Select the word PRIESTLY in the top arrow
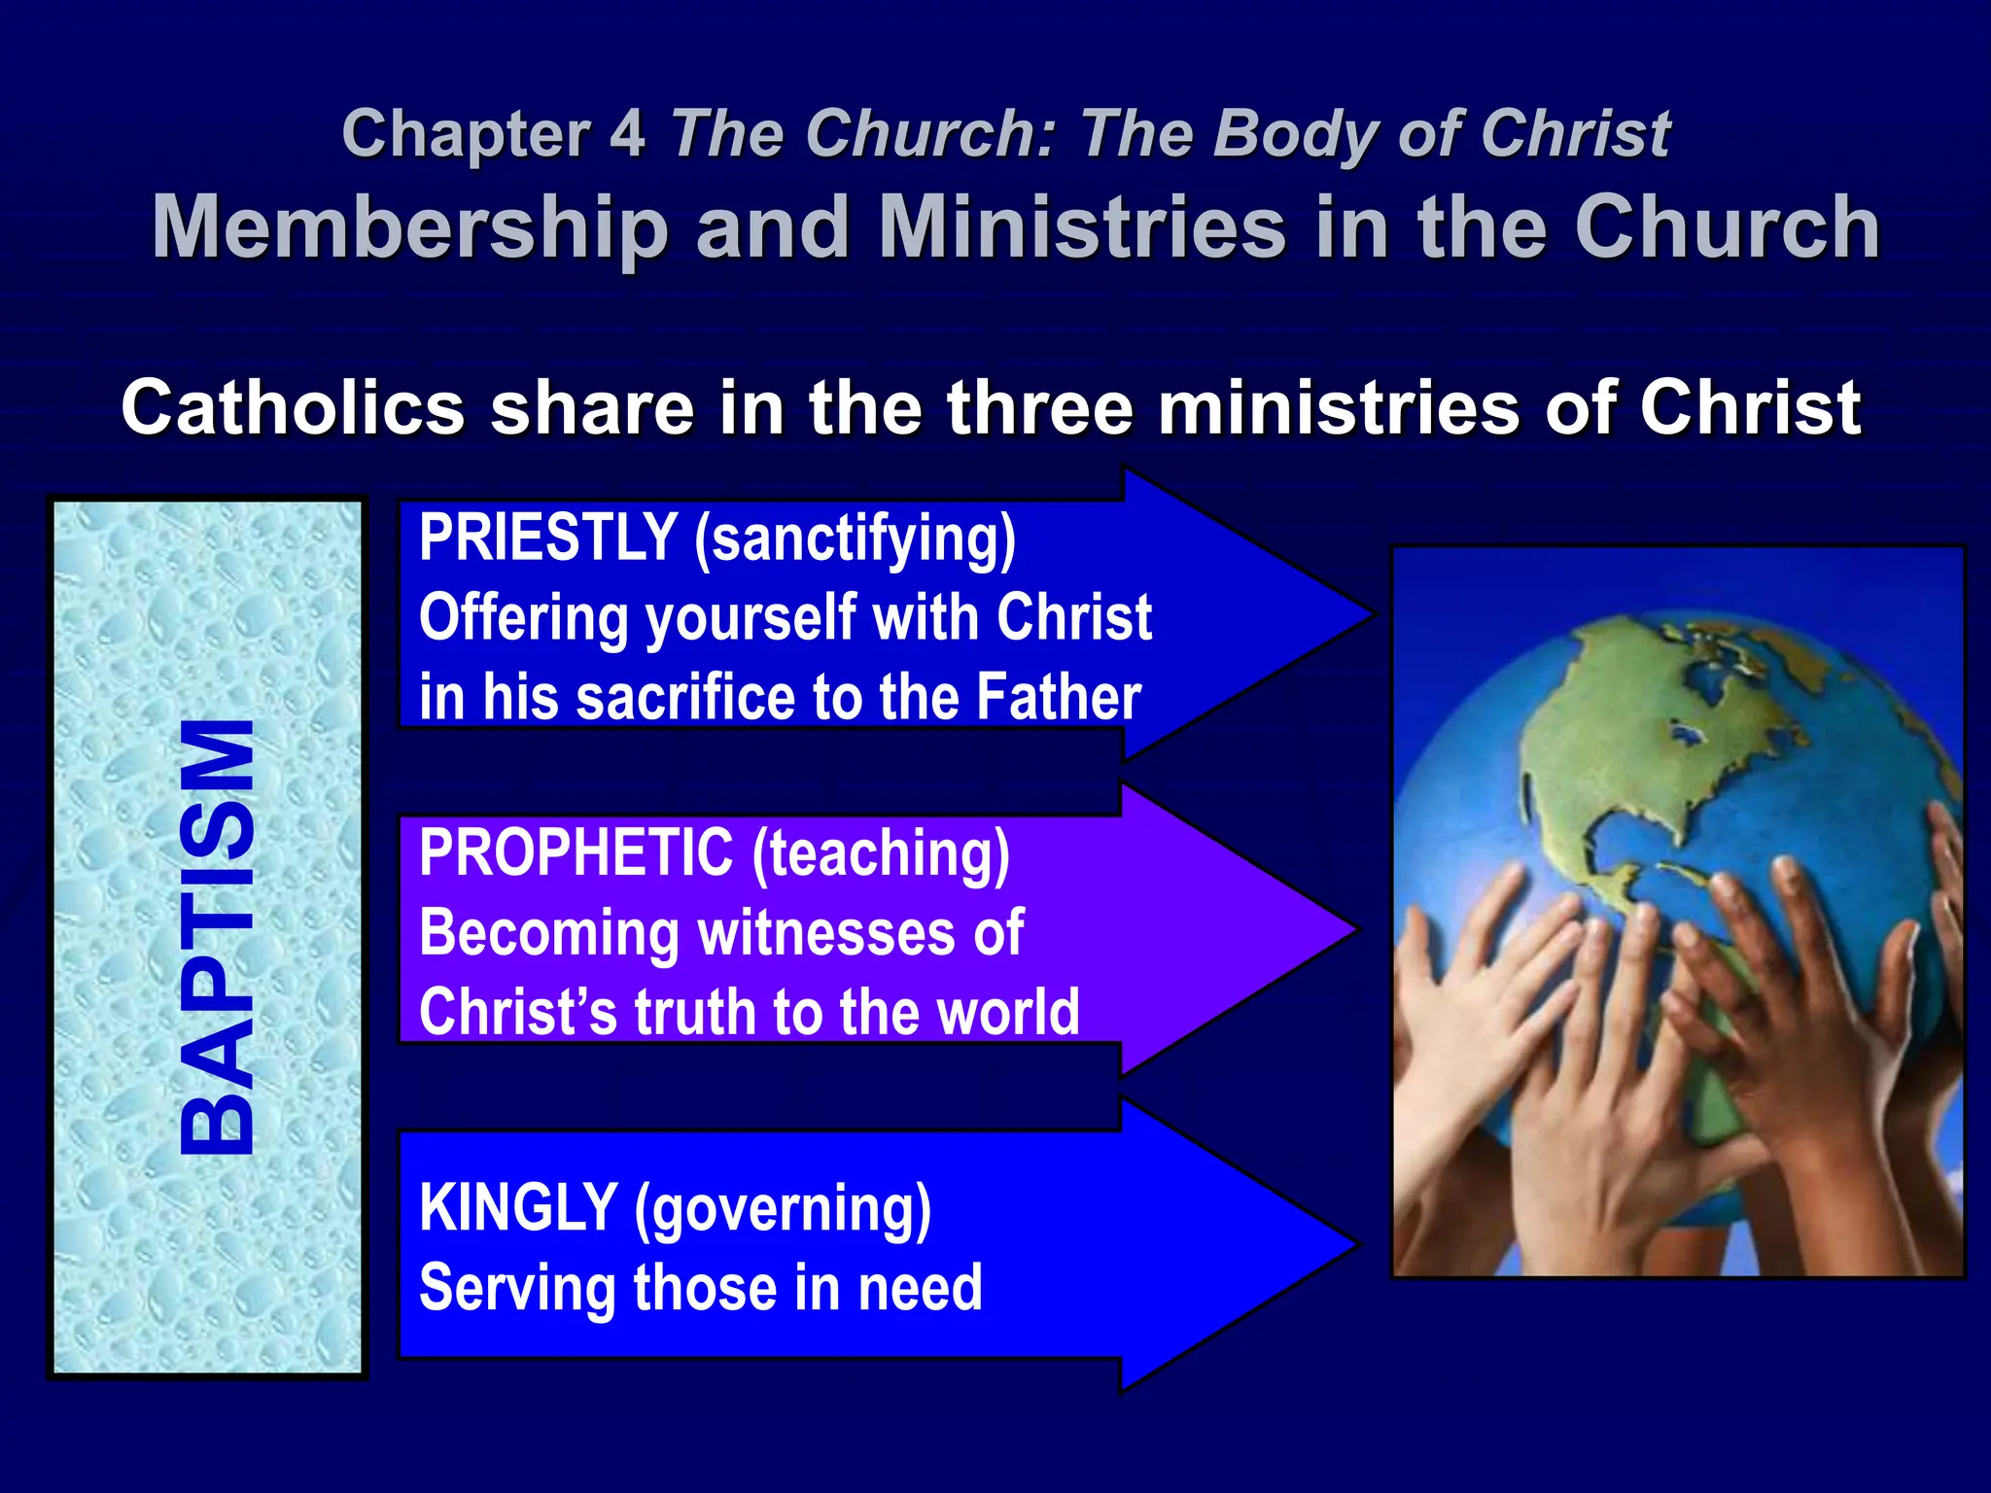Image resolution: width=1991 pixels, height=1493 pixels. (547, 537)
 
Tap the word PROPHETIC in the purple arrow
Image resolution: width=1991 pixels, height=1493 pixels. (576, 852)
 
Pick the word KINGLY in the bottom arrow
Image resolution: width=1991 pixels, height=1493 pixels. (518, 1207)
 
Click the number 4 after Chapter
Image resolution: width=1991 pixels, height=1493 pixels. (627, 134)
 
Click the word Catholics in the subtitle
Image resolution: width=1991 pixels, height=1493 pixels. (293, 408)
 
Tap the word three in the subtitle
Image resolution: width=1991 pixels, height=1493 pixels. (1039, 408)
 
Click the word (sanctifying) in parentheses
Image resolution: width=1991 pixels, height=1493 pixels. (855, 538)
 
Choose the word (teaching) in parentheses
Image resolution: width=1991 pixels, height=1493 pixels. (881, 854)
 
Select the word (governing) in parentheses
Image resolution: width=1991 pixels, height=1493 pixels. (783, 1209)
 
